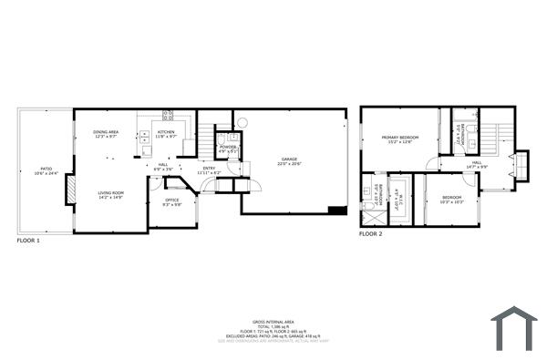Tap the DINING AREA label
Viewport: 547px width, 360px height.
pyautogui.click(x=106, y=134)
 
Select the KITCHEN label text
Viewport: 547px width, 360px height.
pyautogui.click(x=166, y=134)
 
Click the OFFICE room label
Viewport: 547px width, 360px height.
pyautogui.click(x=171, y=201)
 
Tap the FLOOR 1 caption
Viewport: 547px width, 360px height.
pyautogui.click(x=28, y=241)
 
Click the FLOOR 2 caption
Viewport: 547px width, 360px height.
pyautogui.click(x=369, y=234)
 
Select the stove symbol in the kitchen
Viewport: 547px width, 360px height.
pyautogui.click(x=168, y=116)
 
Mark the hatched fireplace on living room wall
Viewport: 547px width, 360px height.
pyautogui.click(x=69, y=192)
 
